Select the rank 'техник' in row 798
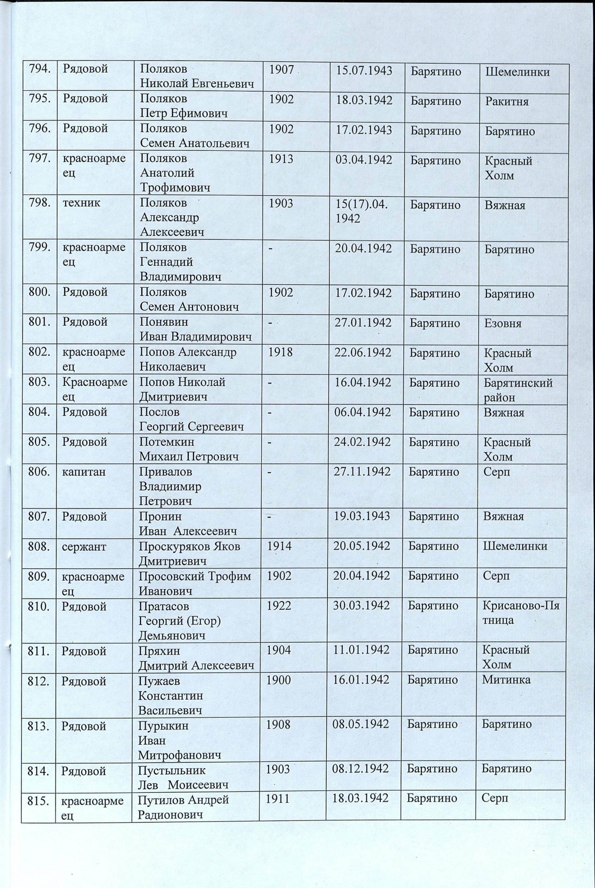coord(82,203)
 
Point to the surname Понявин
coord(164,322)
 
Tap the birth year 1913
coord(281,159)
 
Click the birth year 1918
coord(280,352)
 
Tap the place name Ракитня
coord(507,101)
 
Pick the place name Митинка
coord(506,679)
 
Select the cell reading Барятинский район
coord(518,390)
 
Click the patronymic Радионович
coord(170,814)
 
